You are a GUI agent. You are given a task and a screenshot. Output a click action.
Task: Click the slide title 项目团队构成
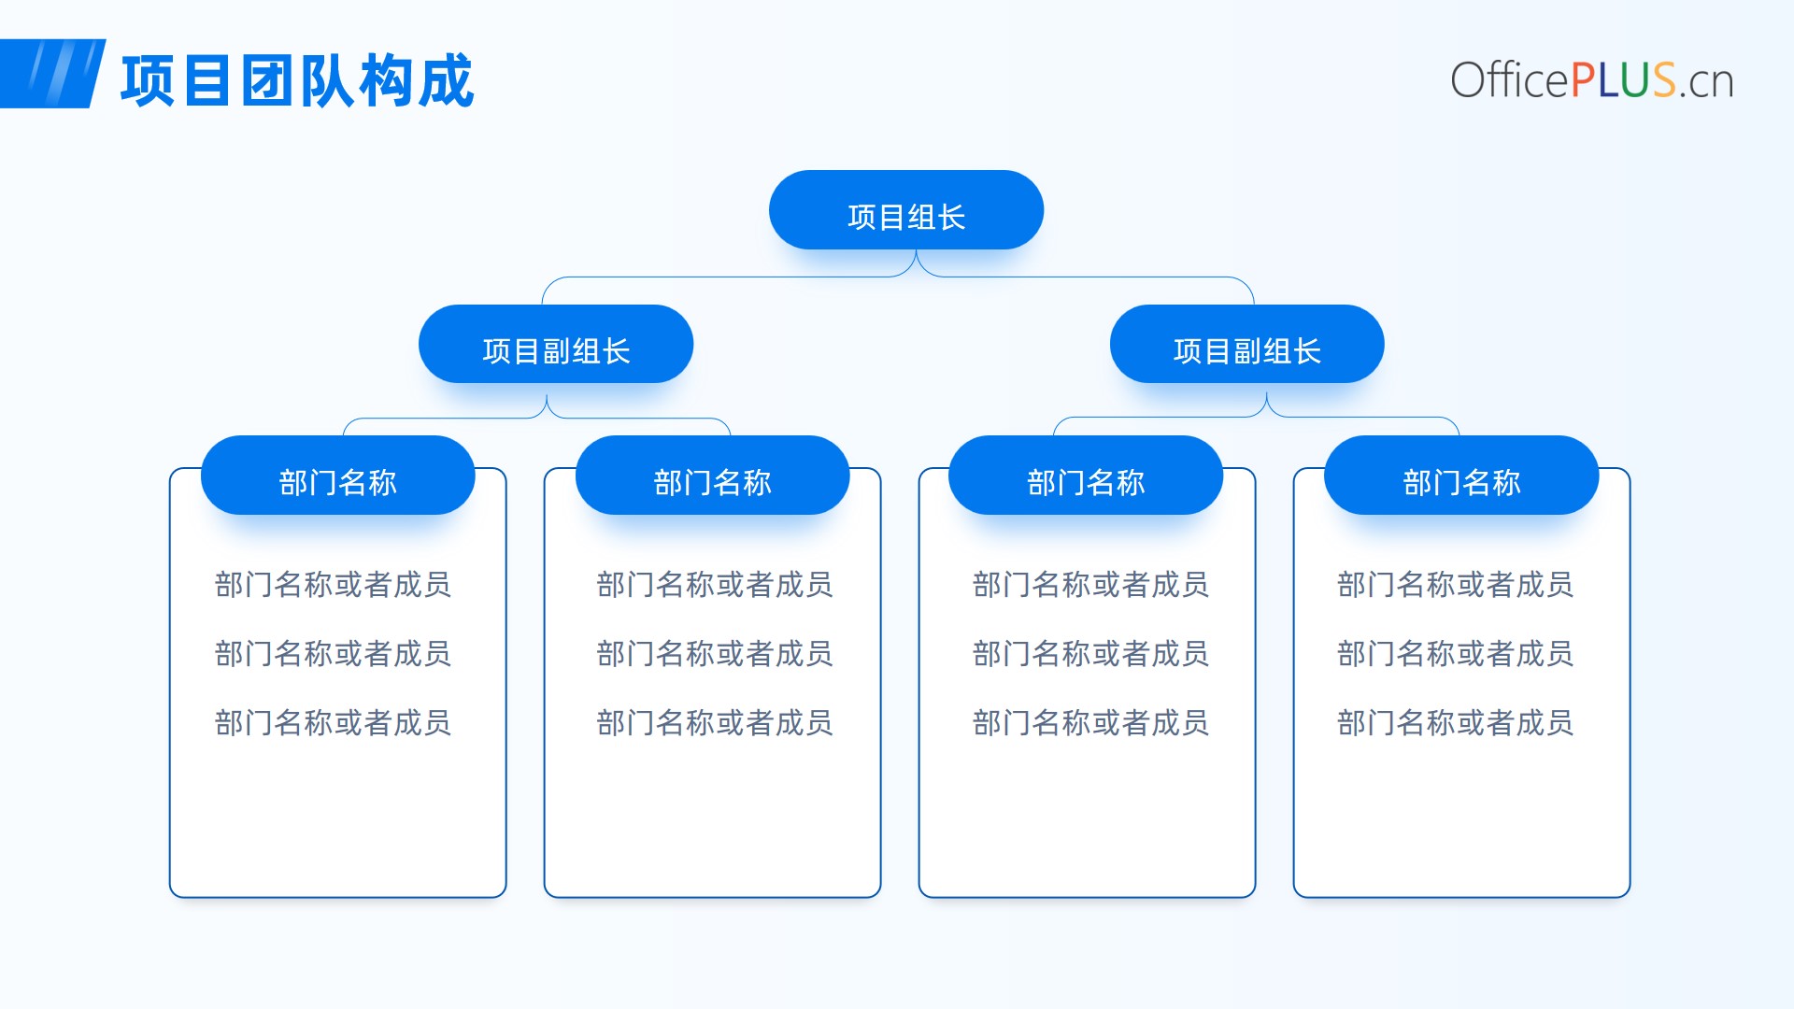[297, 80]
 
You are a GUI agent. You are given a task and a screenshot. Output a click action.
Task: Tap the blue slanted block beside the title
[51, 74]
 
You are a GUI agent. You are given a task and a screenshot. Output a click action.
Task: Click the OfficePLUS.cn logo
[1592, 80]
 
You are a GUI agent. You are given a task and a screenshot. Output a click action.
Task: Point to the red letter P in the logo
[1582, 80]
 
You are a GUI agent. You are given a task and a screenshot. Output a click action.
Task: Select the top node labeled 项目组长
[906, 210]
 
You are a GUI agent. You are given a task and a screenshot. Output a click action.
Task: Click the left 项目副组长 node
[556, 344]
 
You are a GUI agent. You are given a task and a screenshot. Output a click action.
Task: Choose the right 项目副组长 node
[1247, 344]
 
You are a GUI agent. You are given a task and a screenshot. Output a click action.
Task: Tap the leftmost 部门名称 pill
[338, 476]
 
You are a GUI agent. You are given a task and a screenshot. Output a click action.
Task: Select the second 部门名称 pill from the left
[713, 476]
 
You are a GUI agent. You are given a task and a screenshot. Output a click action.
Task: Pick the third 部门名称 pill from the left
[1086, 476]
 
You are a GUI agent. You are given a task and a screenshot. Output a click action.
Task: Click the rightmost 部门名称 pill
[1461, 476]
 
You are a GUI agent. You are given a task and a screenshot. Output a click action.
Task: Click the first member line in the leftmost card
[333, 585]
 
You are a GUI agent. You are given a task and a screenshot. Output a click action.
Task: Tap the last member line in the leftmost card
[333, 723]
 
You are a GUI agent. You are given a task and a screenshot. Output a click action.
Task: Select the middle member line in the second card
[715, 654]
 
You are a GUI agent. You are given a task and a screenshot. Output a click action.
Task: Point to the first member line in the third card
[1090, 585]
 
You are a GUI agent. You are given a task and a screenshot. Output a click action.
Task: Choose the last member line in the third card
[1090, 723]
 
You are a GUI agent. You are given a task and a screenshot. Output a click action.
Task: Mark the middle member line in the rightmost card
[1455, 654]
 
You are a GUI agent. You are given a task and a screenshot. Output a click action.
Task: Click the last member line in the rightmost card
[1455, 723]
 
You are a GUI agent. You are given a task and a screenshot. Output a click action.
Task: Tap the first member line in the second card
[715, 585]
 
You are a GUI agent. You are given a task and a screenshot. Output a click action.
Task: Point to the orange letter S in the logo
[1664, 80]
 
